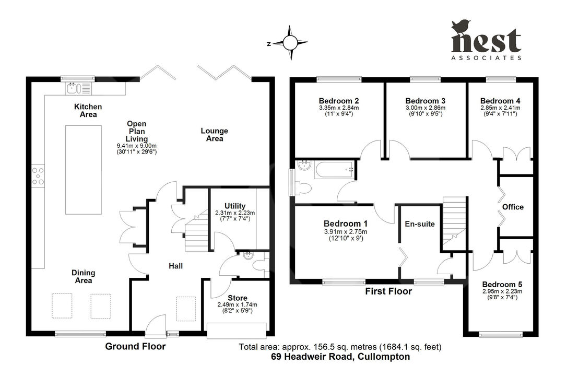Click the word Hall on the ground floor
click(175, 266)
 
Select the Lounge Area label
click(215, 135)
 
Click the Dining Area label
click(83, 276)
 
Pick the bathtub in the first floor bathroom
click(333, 169)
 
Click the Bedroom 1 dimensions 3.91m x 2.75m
click(345, 232)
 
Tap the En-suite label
click(420, 224)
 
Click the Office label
click(513, 207)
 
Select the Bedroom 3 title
click(425, 101)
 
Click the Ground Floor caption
click(135, 346)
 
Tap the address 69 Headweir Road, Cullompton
click(340, 357)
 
